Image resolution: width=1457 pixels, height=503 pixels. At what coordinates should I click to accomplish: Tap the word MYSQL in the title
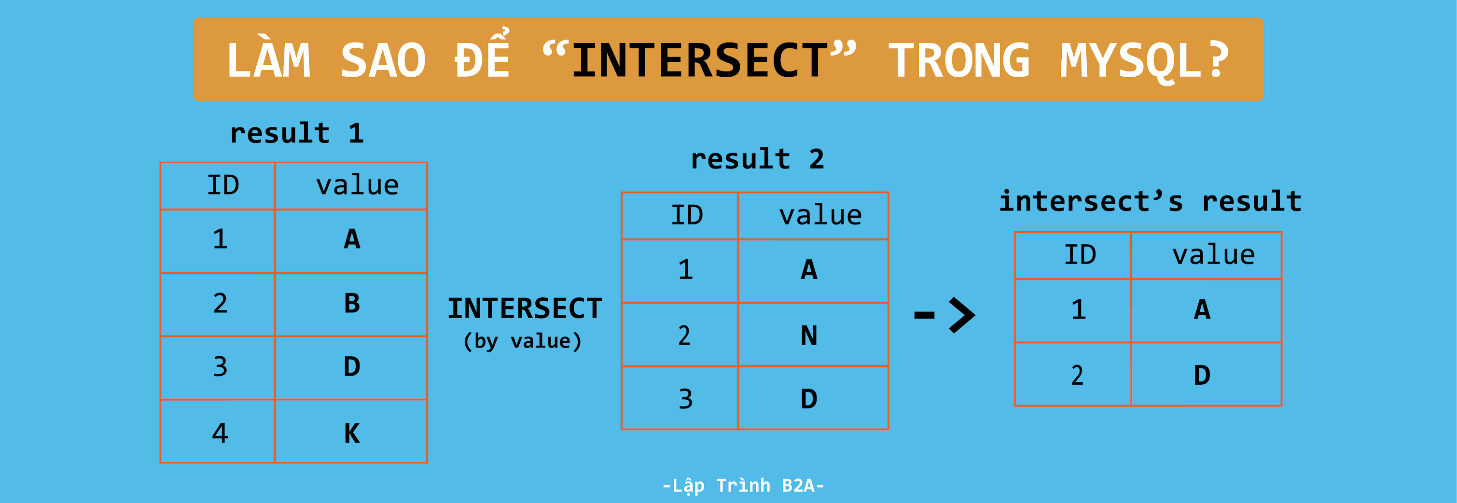[1131, 60]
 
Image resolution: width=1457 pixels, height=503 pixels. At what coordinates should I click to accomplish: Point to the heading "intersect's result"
[1150, 201]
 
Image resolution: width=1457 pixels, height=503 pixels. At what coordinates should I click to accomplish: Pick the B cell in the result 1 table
[351, 303]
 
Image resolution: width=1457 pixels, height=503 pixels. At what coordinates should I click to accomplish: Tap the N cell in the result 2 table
[809, 335]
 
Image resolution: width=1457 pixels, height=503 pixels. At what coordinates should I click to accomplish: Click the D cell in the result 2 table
[809, 399]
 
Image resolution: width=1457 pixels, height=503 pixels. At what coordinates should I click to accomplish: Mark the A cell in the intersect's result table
[1202, 309]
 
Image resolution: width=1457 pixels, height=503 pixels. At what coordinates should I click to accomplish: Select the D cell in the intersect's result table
[1202, 375]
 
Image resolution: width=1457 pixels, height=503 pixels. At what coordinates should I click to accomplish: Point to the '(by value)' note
[522, 341]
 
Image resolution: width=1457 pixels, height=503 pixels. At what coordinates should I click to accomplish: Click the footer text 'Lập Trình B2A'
[743, 486]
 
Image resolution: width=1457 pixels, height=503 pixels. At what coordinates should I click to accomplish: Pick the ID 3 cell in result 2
[685, 399]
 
